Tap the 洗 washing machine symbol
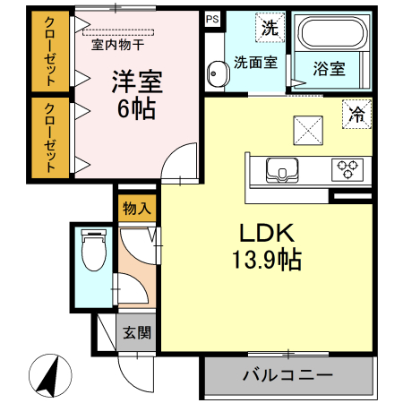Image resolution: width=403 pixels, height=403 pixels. tap(269, 26)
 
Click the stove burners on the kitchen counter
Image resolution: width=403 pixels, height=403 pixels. tap(347, 168)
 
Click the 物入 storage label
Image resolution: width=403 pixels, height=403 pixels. tap(137, 209)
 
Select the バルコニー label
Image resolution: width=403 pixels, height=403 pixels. tap(287, 374)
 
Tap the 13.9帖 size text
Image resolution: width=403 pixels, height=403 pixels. tap(266, 261)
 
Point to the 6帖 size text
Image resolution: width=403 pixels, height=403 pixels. tap(136, 111)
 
